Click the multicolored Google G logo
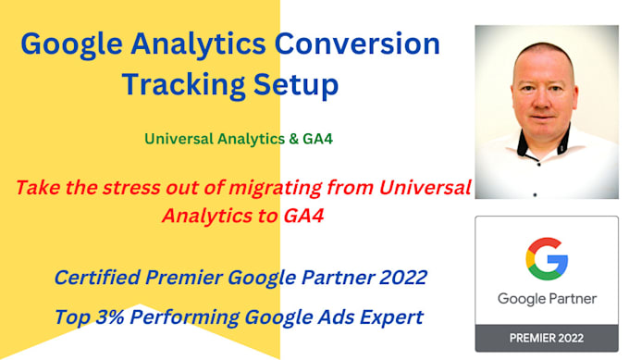pos(546,258)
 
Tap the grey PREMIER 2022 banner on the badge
pos(546,337)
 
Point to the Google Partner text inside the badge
pos(546,298)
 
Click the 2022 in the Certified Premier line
pos(401,278)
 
